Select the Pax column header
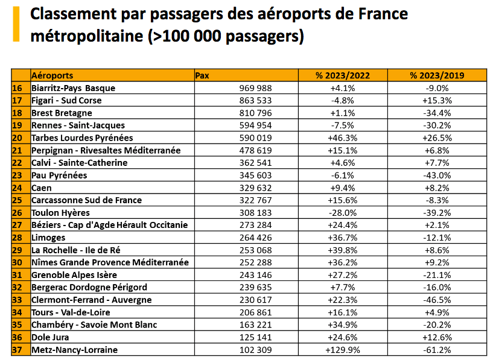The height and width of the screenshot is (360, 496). (203, 75)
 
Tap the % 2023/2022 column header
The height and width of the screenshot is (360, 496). (342, 75)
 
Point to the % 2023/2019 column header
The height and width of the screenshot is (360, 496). (437, 75)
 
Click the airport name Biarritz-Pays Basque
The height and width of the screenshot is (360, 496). (73, 88)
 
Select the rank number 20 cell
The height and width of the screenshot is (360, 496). (17, 137)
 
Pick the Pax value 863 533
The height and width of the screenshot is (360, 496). (256, 100)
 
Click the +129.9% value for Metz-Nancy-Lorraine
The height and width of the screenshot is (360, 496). (342, 350)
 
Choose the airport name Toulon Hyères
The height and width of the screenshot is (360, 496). (60, 212)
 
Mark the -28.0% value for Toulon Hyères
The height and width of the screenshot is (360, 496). (342, 212)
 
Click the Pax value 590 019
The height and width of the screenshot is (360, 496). (256, 137)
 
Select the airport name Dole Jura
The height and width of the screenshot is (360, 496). (50, 337)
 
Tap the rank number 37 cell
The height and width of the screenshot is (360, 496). (17, 350)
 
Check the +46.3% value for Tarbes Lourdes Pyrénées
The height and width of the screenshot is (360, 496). (342, 137)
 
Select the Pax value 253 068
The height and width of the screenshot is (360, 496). (256, 250)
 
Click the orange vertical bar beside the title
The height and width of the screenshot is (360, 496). (15, 24)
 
